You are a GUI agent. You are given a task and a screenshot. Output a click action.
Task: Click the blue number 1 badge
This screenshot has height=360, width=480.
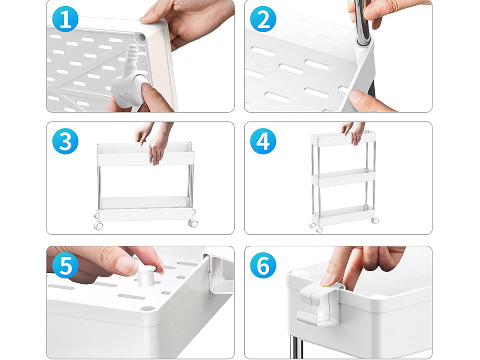pyautogui.click(x=65, y=19)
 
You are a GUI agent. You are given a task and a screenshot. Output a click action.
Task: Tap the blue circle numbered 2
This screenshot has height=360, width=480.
pyautogui.click(x=263, y=19)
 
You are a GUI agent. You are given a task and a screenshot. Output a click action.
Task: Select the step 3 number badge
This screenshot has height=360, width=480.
pyautogui.click(x=65, y=141)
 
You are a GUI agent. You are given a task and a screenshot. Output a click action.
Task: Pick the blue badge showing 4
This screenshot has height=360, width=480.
pyautogui.click(x=263, y=141)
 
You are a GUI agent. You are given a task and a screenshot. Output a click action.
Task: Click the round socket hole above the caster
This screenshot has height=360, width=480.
pyautogui.click(x=141, y=37)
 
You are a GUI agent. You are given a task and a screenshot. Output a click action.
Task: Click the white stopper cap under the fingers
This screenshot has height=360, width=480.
pyautogui.click(x=146, y=276)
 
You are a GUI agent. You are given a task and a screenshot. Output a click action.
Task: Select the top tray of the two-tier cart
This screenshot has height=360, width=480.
pyautogui.click(x=145, y=154)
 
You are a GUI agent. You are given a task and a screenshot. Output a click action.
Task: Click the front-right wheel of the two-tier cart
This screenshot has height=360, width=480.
pyautogui.click(x=193, y=224)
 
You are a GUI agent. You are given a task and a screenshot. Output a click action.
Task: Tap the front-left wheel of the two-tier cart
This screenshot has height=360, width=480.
pyautogui.click(x=99, y=227)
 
